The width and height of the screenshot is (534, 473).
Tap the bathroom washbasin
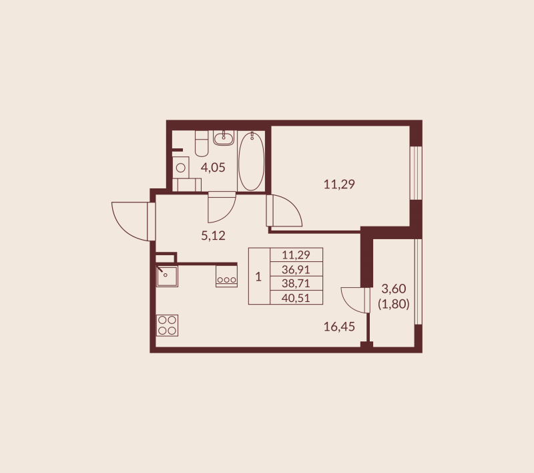[224, 138]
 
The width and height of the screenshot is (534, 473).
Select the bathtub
[251, 161]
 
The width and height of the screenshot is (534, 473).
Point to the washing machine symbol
[180, 168]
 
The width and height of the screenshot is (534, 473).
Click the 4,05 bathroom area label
[214, 168]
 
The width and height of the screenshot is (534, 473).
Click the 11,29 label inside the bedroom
[339, 184]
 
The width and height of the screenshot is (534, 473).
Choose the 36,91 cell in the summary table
[296, 269]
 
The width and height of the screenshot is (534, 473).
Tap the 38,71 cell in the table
[296, 283]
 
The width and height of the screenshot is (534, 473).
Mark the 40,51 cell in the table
[296, 298]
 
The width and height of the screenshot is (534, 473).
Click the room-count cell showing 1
[258, 277]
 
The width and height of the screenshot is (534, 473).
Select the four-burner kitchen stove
[168, 325]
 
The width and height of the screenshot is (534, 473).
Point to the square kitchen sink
[167, 275]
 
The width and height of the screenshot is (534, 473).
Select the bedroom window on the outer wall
[416, 172]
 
